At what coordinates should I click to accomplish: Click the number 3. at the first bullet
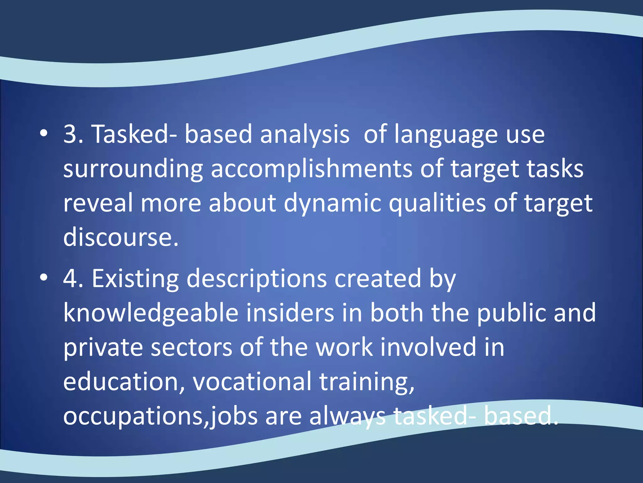pyautogui.click(x=73, y=135)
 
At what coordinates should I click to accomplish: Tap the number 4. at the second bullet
pyautogui.click(x=73, y=279)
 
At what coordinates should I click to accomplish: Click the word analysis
pyautogui.click(x=305, y=135)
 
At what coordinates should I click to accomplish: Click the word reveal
pyautogui.click(x=98, y=203)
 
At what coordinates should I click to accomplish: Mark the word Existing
pyautogui.click(x=135, y=279)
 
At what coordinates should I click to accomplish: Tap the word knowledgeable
pyautogui.click(x=151, y=314)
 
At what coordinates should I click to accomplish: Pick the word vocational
pyautogui.click(x=252, y=382)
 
